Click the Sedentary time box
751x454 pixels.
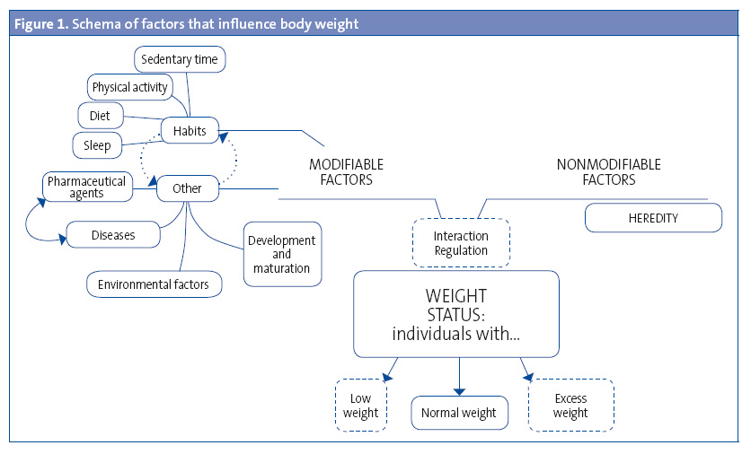click(x=181, y=60)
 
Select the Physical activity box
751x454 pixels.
click(x=130, y=88)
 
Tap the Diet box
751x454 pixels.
click(x=93, y=116)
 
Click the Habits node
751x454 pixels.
click(x=189, y=131)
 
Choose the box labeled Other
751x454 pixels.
click(x=187, y=188)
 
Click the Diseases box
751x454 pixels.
click(x=113, y=236)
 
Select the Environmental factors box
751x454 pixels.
click(x=154, y=284)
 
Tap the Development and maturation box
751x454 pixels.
click(x=282, y=254)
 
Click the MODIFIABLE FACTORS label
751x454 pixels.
click(x=346, y=172)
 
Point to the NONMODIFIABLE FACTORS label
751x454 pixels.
click(x=608, y=172)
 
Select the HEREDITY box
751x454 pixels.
click(x=653, y=218)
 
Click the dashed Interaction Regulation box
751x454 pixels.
click(x=461, y=242)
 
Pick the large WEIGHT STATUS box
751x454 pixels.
click(x=456, y=314)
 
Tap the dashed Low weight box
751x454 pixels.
click(x=361, y=406)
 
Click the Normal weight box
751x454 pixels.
click(x=458, y=414)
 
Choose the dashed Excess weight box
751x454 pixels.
click(x=570, y=406)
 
